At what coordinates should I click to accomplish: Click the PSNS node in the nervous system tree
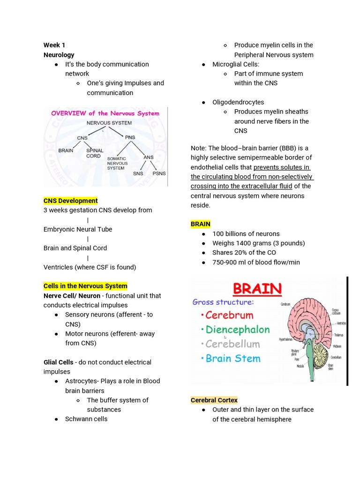(159, 173)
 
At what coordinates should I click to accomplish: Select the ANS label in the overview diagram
(148, 157)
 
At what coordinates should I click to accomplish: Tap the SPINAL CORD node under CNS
(93, 153)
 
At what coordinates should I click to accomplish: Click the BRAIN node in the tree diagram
(66, 150)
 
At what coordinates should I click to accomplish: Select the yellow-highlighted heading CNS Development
(70, 201)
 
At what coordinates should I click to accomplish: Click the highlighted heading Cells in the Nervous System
(85, 286)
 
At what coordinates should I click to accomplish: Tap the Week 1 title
(54, 45)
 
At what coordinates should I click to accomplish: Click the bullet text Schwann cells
(86, 419)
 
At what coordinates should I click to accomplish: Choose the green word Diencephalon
(238, 330)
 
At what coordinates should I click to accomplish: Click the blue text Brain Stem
(233, 359)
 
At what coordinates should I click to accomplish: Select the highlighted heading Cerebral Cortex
(214, 400)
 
